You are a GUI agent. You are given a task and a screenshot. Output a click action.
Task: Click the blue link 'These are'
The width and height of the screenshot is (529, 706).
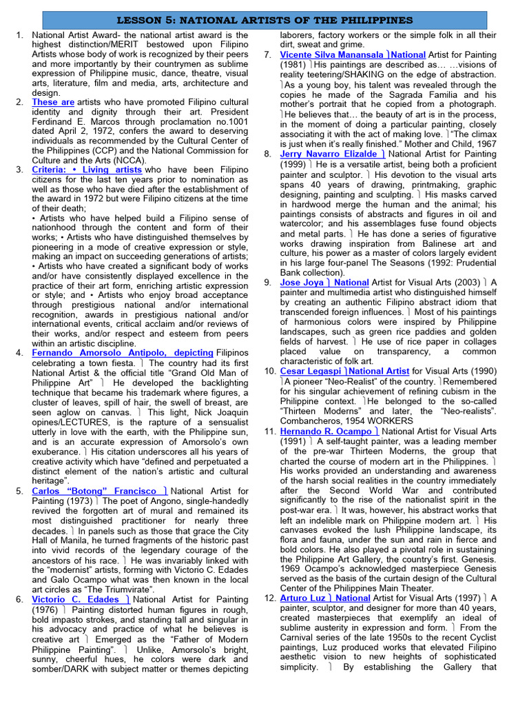click(53, 102)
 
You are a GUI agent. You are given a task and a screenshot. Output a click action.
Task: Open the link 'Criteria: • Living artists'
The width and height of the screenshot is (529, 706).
click(87, 170)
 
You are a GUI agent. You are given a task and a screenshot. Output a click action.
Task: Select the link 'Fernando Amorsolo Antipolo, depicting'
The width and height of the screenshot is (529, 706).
click(122, 352)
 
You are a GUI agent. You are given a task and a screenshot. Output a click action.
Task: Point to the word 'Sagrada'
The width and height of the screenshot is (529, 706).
click(404, 94)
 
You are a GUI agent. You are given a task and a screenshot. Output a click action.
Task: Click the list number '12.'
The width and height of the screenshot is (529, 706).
click(270, 598)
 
